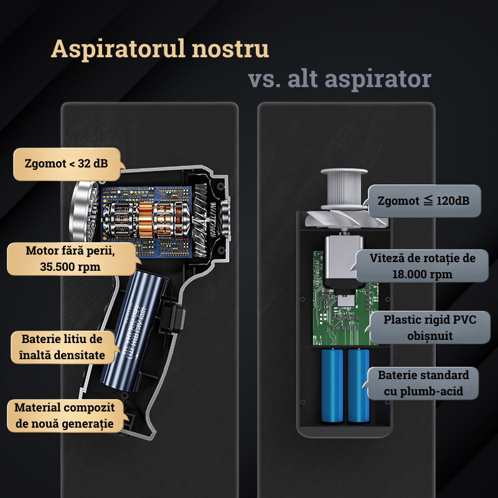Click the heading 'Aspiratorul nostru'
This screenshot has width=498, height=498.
coord(160,49)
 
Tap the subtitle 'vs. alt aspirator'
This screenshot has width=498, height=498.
coord(339,79)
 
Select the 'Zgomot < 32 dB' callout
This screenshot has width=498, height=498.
coord(66,164)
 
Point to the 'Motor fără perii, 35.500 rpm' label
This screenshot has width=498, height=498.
coord(71,259)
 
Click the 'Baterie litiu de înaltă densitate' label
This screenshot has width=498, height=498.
coord(62,347)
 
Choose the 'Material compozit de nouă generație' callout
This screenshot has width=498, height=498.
coord(65,416)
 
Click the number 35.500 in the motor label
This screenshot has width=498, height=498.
coord(52,266)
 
